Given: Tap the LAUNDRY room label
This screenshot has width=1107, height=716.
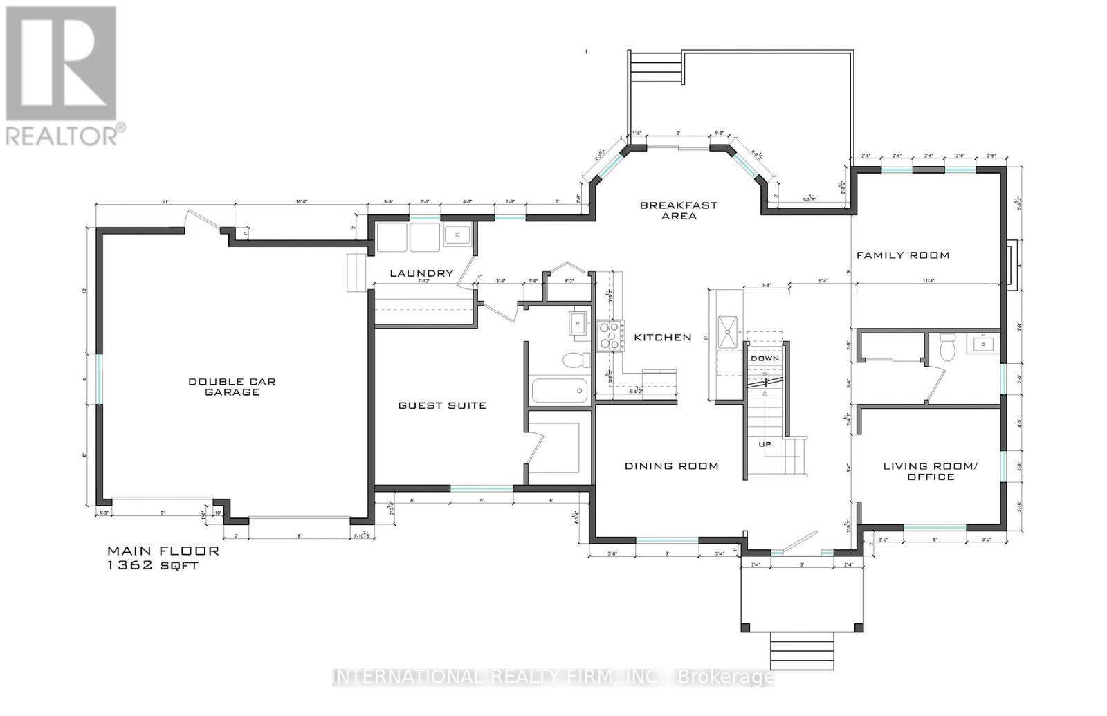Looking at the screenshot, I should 421,273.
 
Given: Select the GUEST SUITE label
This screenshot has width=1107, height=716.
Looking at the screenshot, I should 442,405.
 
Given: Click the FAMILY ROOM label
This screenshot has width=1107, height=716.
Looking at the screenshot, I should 902,255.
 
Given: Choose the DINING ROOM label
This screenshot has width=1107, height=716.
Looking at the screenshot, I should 671,466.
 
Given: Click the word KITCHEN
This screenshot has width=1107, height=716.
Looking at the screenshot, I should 663,338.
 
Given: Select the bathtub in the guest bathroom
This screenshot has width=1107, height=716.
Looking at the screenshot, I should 559,391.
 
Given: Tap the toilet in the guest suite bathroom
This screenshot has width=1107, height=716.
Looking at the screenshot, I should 575,360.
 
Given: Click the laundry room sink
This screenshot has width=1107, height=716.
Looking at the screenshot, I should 457,236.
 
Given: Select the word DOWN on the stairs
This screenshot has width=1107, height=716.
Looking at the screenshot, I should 765,358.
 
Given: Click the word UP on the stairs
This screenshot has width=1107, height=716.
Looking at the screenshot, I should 765,444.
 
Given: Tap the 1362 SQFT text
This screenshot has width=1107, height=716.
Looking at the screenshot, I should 152,565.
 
